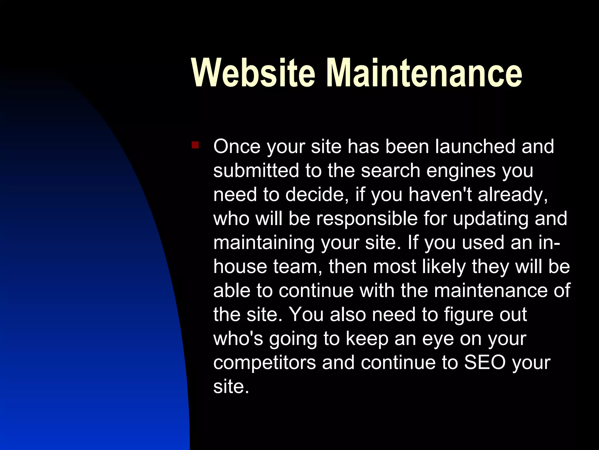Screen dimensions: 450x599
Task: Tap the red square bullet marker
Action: (195, 145)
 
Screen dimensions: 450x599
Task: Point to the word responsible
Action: (367, 219)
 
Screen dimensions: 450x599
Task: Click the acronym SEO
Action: (485, 362)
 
